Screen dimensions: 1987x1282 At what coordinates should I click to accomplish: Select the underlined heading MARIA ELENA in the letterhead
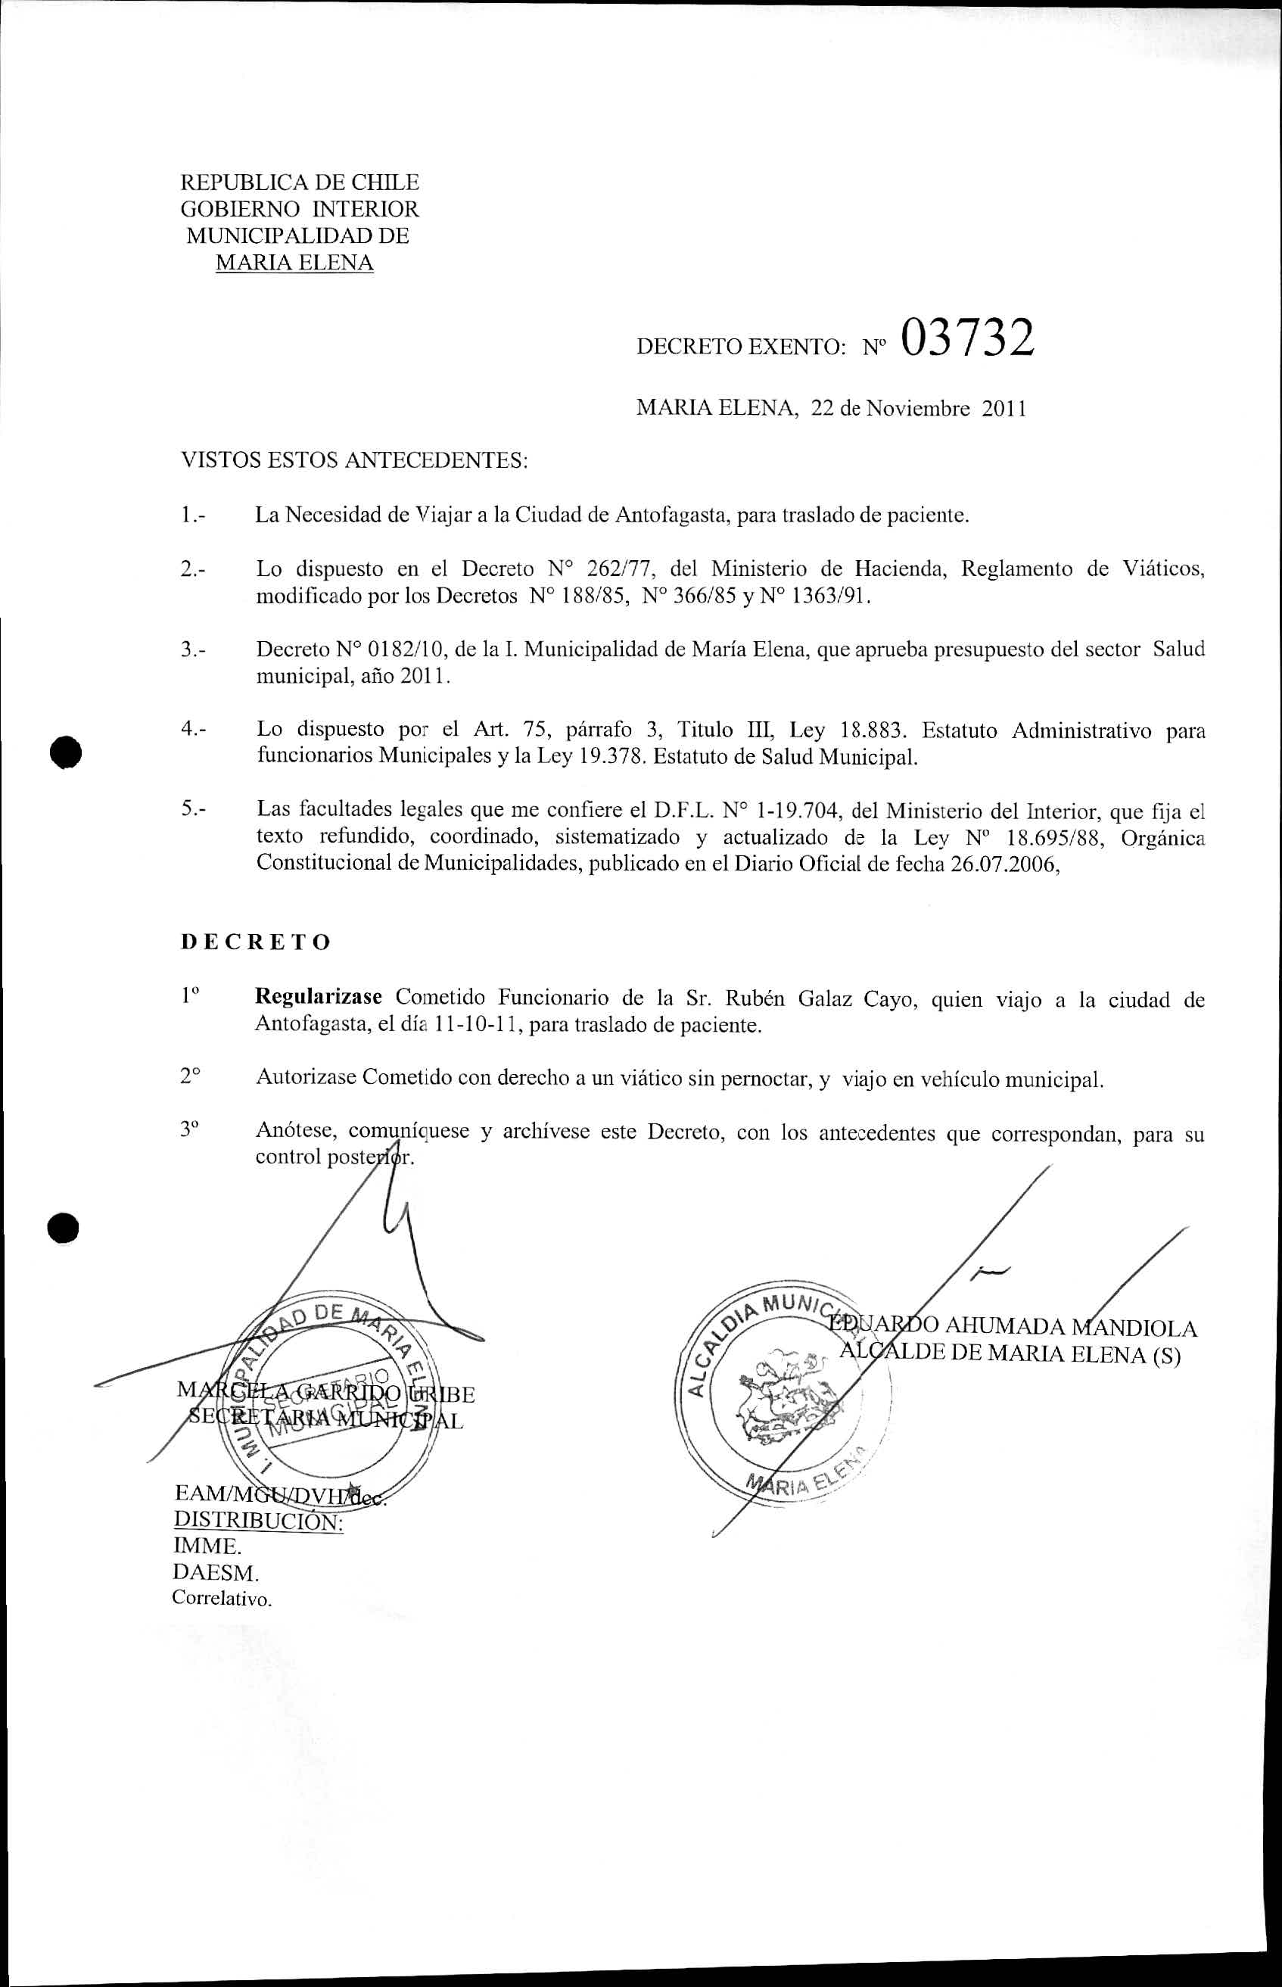coord(294,263)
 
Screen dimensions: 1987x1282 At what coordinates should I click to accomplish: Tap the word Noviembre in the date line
coord(917,409)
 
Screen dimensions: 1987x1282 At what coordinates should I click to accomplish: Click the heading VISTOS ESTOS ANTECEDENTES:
coord(355,460)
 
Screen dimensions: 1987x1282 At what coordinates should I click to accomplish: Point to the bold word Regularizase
coord(318,996)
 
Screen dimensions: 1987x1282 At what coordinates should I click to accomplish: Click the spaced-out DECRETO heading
coord(256,942)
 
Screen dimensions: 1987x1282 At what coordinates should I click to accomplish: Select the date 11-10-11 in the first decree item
coord(477,1025)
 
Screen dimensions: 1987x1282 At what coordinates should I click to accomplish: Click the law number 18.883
coord(871,731)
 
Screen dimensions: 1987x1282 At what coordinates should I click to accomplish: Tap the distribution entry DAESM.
coord(216,1573)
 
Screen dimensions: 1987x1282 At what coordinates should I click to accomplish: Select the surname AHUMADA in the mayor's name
coord(1005,1327)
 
